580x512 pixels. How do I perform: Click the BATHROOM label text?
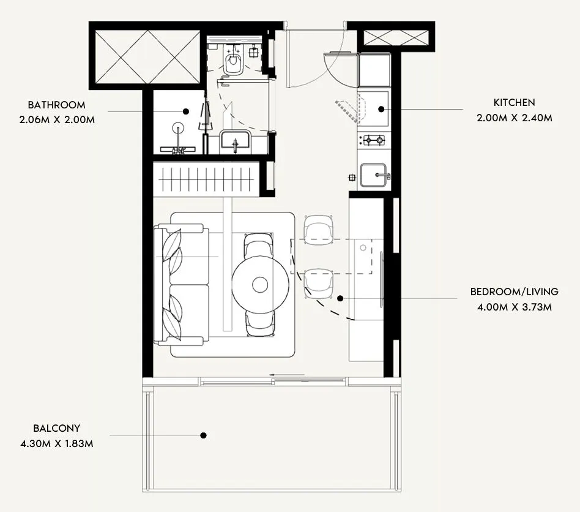point(57,105)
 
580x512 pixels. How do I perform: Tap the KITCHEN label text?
point(515,103)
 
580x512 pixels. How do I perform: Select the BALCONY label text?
point(57,429)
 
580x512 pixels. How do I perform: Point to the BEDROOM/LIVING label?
point(514,292)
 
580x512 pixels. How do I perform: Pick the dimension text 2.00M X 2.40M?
point(515,118)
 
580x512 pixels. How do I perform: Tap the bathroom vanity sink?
point(235,142)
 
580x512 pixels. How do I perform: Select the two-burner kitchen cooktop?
point(373,140)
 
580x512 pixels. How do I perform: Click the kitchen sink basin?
point(373,175)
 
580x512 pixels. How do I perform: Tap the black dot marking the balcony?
point(204,435)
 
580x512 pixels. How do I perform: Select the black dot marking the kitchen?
point(381,110)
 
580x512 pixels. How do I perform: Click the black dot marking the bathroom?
point(186,111)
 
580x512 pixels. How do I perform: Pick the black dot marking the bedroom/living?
point(340,298)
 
